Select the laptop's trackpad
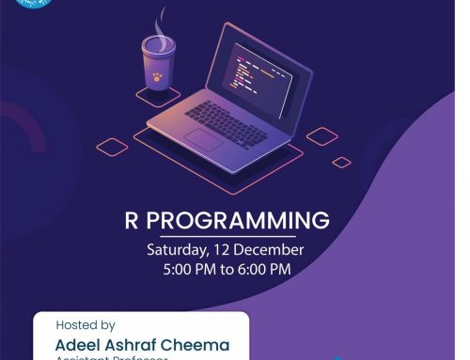point(203,139)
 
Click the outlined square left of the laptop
point(112,147)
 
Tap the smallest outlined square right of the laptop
point(341,162)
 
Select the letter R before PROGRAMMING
point(132,221)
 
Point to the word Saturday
point(175,251)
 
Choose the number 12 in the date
point(218,251)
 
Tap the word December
point(267,251)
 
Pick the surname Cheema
point(197,345)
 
